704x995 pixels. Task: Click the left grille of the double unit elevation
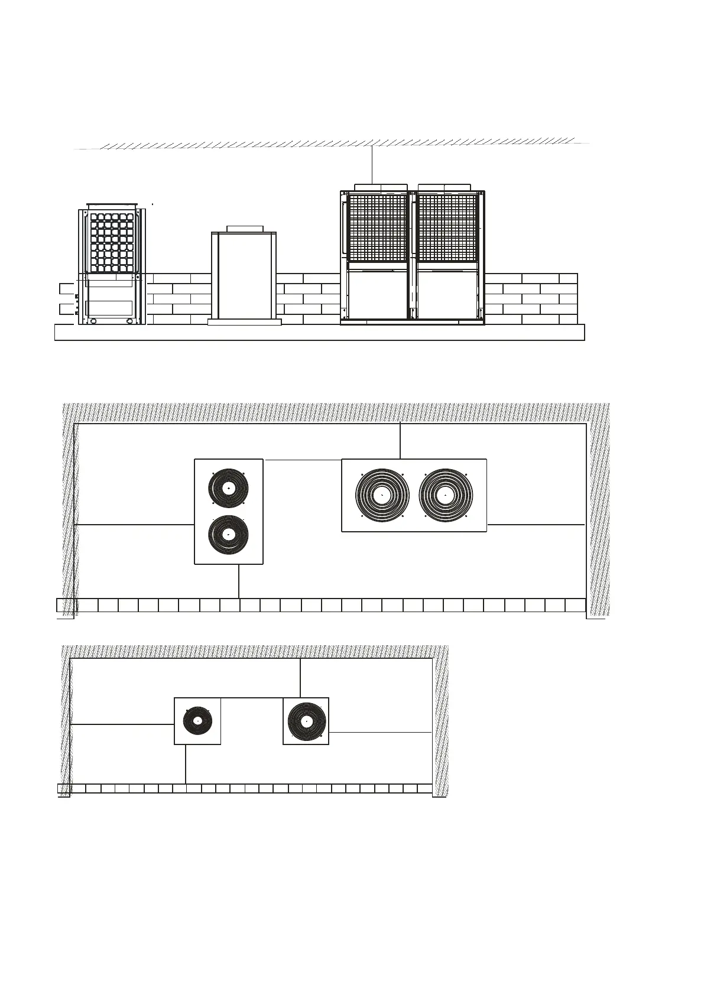377,228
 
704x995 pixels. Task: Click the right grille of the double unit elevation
447,228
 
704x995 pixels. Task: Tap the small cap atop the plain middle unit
244,229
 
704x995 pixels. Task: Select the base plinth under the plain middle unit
244,322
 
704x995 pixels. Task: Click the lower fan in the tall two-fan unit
229,535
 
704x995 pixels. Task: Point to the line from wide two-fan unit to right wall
536,524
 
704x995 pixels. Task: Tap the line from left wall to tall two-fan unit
135,524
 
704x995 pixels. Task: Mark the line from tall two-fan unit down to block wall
238,581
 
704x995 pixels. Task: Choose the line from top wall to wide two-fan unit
400,441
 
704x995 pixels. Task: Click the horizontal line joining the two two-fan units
302,460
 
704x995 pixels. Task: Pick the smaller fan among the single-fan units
197,721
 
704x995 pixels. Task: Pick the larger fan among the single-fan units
306,721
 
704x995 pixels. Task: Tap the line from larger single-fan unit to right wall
380,732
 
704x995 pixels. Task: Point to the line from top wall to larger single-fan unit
300,678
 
